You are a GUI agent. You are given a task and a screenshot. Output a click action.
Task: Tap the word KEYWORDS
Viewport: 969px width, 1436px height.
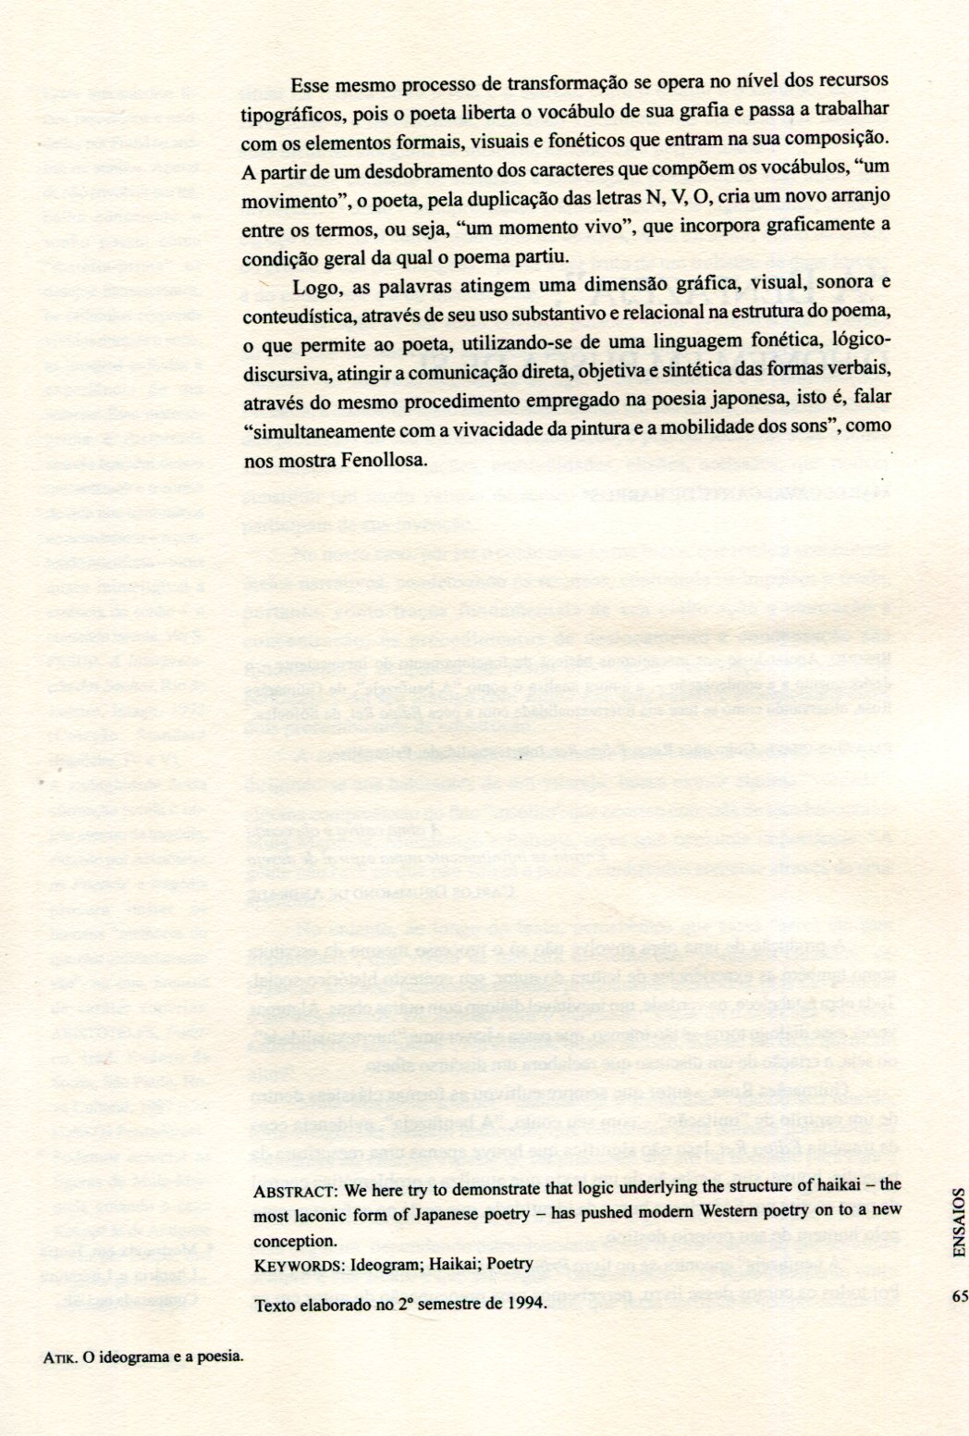(287, 1262)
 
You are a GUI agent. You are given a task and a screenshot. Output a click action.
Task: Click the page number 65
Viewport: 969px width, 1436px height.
(958, 1295)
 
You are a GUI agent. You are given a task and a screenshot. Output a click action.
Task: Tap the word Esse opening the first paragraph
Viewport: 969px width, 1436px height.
(311, 84)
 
